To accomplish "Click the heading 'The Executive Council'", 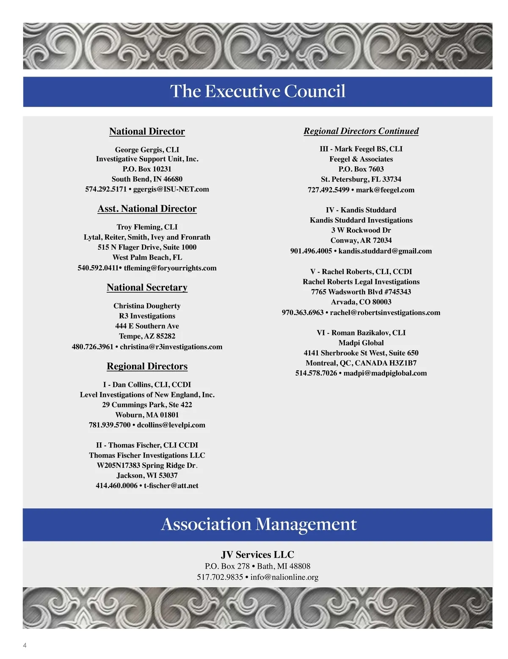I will [257, 91].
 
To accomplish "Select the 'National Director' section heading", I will [147, 132].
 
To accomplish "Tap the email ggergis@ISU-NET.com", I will [171, 189].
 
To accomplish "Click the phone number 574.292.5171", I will [106, 189].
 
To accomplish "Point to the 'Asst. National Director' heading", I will [147, 209].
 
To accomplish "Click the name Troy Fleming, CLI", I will [147, 227].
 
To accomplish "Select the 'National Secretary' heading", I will [147, 288].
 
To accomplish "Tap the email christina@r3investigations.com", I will [171, 347].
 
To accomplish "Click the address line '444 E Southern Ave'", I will [147, 326].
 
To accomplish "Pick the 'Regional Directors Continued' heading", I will [361, 131].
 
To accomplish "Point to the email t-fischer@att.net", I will [171, 486].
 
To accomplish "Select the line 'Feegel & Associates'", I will [361, 159].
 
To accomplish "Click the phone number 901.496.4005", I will [311, 251].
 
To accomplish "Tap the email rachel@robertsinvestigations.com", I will [385, 313].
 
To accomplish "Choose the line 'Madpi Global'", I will [361, 343].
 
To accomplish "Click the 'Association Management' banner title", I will [259, 524].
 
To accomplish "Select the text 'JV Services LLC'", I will [257, 555].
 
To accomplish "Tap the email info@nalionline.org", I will [284, 577].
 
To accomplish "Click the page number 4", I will [25, 645].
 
